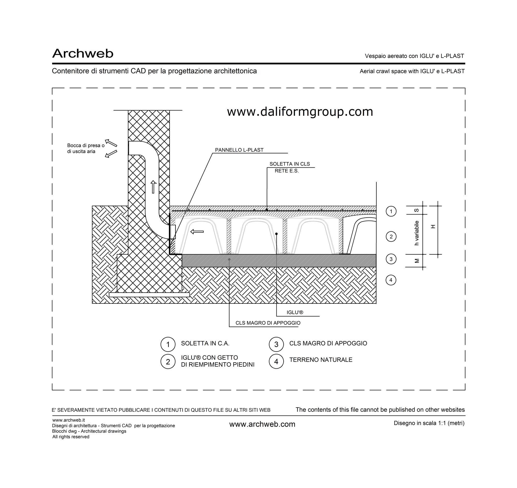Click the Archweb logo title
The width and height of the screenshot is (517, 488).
[83, 53]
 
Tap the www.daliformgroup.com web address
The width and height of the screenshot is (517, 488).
[300, 112]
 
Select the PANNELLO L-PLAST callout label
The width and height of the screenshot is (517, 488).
[239, 150]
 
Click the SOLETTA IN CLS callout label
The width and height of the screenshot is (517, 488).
[290, 164]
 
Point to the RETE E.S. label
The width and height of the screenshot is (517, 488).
[287, 171]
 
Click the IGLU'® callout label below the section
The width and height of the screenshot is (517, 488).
[295, 312]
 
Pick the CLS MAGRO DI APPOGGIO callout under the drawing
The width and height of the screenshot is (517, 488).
[268, 323]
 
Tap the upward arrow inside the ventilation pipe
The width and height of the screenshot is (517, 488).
[154, 187]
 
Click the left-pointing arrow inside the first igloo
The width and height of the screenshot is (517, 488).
[197, 231]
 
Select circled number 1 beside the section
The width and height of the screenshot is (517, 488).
[391, 211]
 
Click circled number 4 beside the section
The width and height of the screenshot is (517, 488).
[391, 280]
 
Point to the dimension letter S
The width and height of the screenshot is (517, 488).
[416, 210]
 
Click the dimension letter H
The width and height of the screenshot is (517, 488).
[433, 226]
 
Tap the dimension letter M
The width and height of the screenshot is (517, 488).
[417, 261]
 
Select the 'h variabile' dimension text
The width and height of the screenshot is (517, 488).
[417, 233]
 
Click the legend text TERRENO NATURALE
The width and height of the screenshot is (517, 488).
[321, 360]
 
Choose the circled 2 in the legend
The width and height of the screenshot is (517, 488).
[168, 361]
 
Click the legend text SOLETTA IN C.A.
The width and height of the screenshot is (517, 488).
[205, 343]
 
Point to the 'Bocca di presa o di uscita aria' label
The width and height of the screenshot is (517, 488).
[86, 148]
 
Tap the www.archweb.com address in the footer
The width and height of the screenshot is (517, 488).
[262, 424]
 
